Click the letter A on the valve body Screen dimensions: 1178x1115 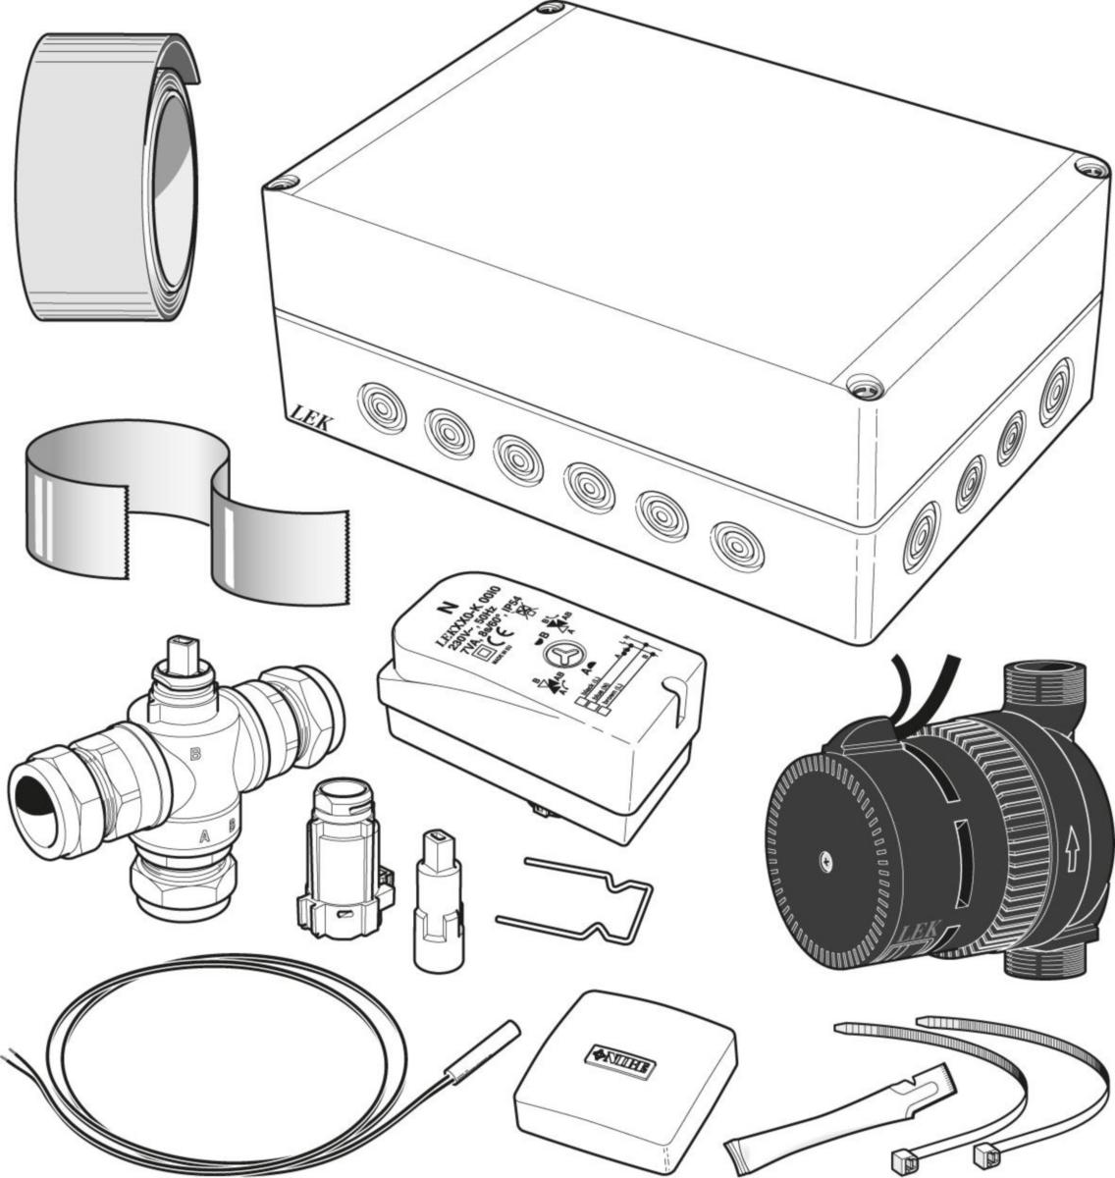click(x=203, y=835)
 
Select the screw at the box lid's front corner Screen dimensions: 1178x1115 click(x=864, y=387)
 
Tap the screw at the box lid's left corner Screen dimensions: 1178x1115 click(x=285, y=183)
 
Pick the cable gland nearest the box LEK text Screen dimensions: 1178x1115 click(x=382, y=408)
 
